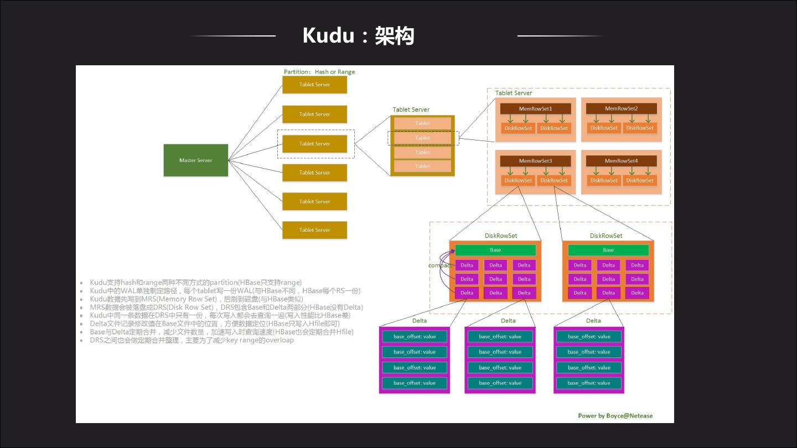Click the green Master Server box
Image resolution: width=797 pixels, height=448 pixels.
195,160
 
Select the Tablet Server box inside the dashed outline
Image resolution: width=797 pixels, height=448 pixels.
314,144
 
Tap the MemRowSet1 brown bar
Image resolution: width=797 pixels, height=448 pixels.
535,109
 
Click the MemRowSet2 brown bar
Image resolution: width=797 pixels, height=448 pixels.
621,109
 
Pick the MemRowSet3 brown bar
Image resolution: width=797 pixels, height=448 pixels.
535,161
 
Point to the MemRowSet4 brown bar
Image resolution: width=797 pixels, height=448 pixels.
621,161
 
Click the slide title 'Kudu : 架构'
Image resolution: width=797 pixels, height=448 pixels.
358,36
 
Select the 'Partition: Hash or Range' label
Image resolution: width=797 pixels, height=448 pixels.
319,72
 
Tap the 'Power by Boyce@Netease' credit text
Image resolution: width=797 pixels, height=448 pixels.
615,416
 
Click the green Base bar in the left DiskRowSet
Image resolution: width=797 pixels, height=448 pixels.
495,250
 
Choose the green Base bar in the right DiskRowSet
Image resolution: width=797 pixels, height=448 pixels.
608,250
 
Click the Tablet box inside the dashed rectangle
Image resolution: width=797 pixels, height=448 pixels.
422,138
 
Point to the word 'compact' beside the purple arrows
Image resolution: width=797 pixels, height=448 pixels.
439,265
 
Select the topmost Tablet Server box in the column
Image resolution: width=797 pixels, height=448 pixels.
314,85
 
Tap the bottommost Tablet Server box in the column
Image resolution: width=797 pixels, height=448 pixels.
314,230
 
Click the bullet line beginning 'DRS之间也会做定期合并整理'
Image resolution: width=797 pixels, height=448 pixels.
192,340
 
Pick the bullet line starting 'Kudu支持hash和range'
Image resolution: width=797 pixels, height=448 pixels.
195,283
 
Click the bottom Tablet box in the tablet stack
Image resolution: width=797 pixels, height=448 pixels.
422,166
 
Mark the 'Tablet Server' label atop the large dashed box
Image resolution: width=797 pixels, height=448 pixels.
513,93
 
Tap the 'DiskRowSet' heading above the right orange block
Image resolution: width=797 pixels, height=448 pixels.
606,236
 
